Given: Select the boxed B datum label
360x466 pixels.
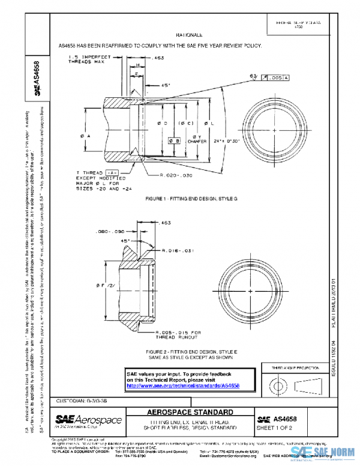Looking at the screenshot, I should coord(176,141).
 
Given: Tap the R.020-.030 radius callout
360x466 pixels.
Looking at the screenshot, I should coord(176,175).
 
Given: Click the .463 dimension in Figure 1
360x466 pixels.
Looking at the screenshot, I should coord(159,58).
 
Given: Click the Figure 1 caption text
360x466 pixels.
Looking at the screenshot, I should coord(188,198).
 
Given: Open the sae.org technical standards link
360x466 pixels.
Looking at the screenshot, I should coord(183,386).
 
